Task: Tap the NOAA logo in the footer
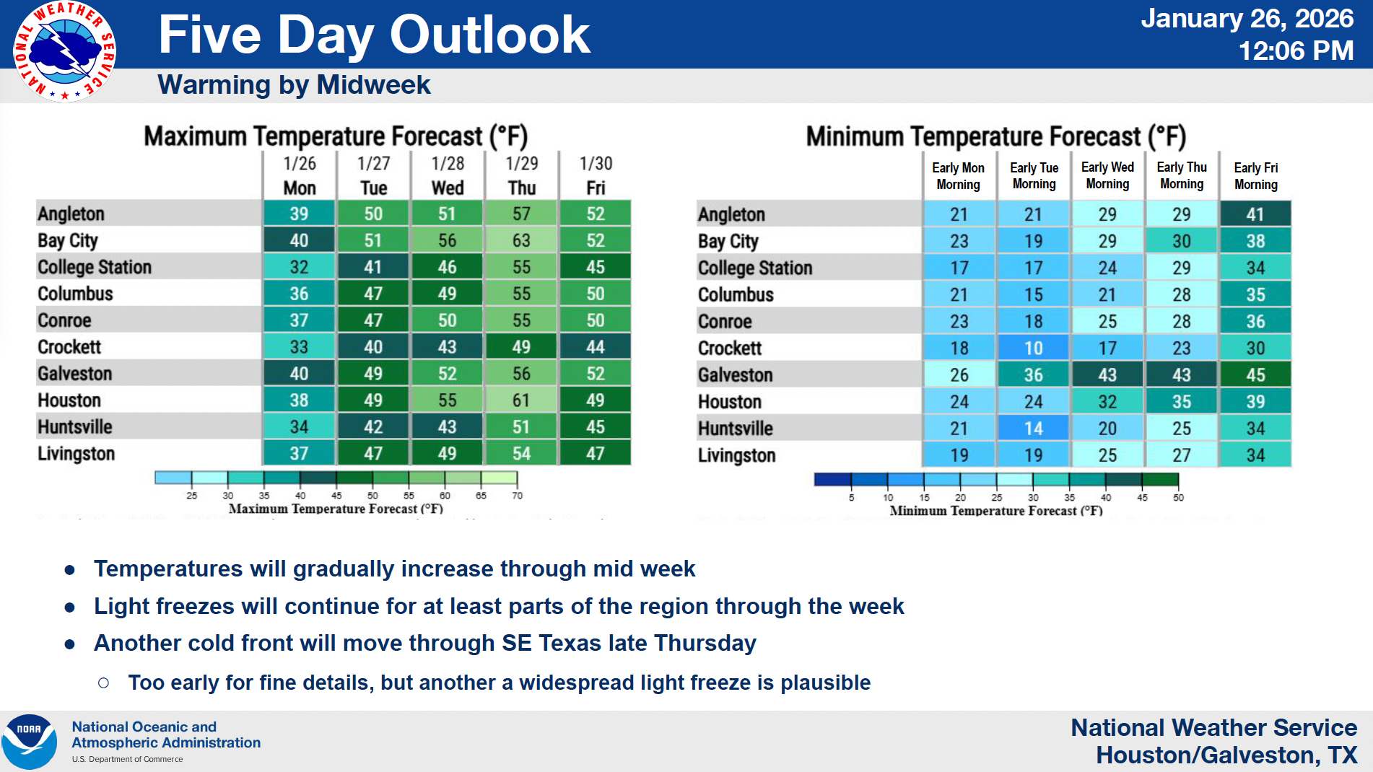point(29,742)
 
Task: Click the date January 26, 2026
point(1247,19)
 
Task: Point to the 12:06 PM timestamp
point(1296,51)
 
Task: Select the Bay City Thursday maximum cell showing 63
point(521,240)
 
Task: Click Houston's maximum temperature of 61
point(521,400)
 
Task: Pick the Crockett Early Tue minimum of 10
point(1033,348)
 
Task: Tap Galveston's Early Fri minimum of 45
point(1255,375)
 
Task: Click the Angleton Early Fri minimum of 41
point(1255,214)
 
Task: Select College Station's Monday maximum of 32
point(299,267)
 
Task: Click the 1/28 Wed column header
point(448,175)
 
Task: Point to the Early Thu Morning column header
point(1182,175)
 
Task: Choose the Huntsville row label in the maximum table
point(75,427)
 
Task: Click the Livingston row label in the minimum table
point(736,455)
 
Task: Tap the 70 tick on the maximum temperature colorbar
point(517,496)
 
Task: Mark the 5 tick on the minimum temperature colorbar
point(851,497)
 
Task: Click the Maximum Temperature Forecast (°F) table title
point(336,136)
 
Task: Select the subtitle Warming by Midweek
point(294,85)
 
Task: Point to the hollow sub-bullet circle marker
point(103,683)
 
